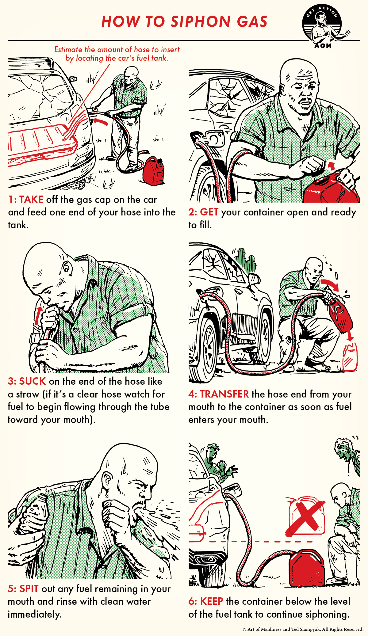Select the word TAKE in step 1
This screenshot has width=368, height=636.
[x=31, y=200]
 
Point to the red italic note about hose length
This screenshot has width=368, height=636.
[x=117, y=54]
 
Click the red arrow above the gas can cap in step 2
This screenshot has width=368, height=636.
[x=331, y=166]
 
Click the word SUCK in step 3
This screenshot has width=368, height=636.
[x=32, y=381]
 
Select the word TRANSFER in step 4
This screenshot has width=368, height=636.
[x=224, y=394]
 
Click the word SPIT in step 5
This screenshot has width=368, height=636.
[x=29, y=589]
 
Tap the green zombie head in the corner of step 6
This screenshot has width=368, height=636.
[x=345, y=449]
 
